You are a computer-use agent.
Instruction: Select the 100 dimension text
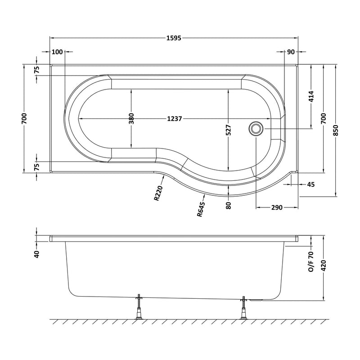coord(57,52)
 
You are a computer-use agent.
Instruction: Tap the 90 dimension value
coord(291,52)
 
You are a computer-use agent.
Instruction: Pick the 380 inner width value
coord(131,118)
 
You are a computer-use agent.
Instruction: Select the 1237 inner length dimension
coord(174,119)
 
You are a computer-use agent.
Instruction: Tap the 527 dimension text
coord(229,130)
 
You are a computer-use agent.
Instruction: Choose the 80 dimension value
coord(229,205)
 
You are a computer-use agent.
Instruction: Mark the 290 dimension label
coord(276,207)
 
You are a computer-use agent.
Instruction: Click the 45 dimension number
coord(310,184)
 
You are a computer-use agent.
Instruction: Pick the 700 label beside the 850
coord(324,119)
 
